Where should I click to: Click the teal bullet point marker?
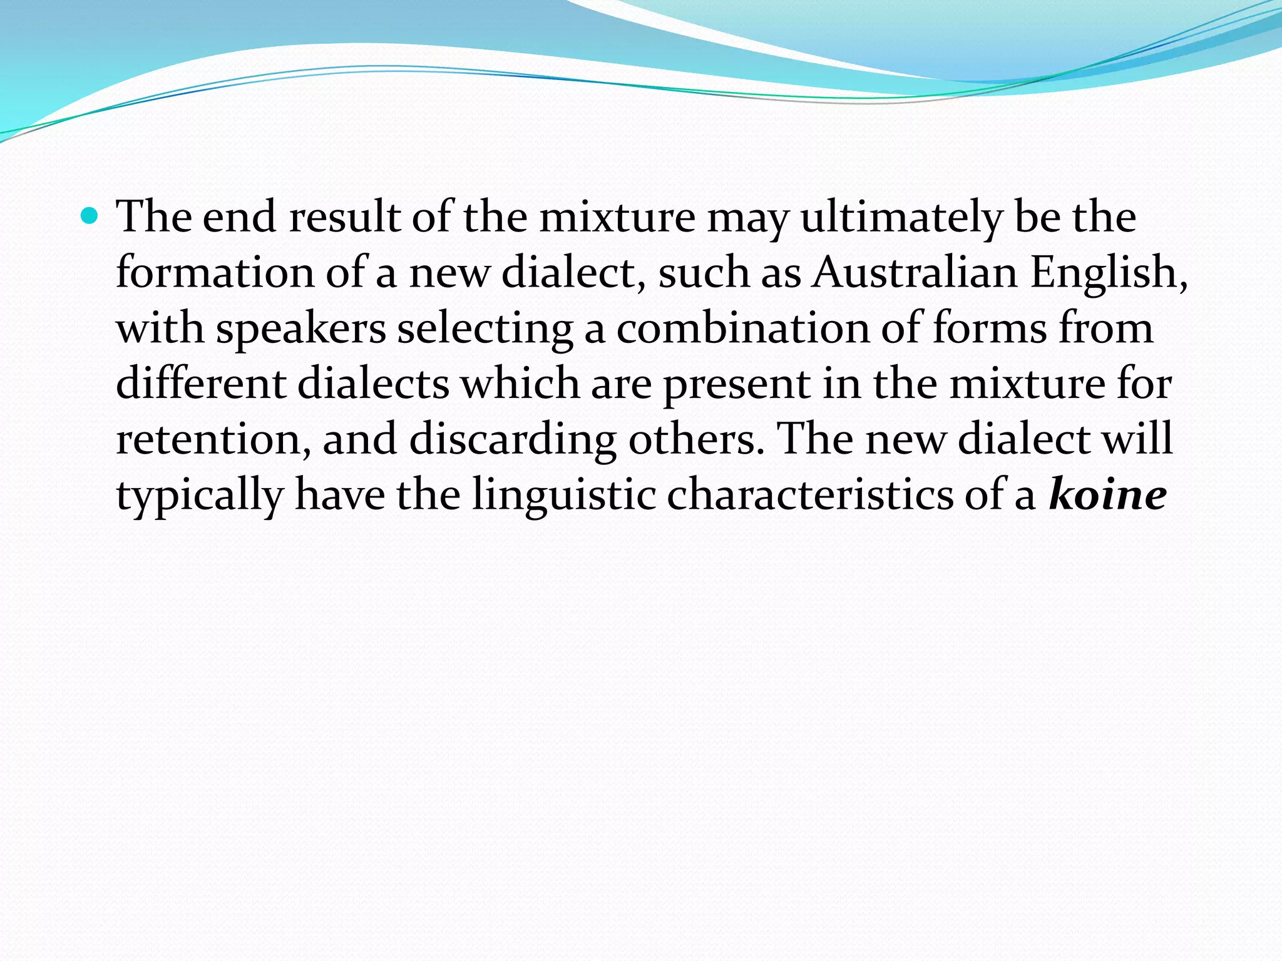[90, 217]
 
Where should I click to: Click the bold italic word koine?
[1107, 495]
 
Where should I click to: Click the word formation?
[215, 273]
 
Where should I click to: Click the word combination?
[743, 328]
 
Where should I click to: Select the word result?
[344, 217]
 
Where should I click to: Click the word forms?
[989, 328]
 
